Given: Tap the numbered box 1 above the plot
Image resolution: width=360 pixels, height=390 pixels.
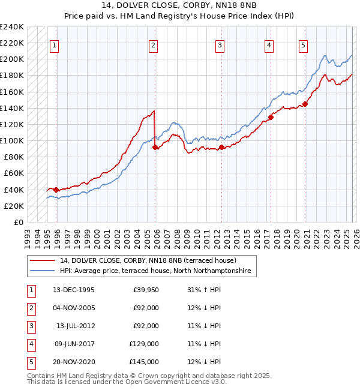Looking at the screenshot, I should tap(54, 45).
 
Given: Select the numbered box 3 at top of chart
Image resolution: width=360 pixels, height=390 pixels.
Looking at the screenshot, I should tap(220, 45).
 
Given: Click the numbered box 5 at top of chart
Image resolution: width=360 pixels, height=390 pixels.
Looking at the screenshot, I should tap(304, 45).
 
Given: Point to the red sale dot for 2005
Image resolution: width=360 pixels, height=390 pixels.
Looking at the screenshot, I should tap(155, 147).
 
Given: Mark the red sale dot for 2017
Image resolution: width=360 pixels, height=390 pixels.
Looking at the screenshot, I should tap(271, 117).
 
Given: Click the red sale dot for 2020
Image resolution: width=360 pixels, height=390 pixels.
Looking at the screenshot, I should tap(305, 104).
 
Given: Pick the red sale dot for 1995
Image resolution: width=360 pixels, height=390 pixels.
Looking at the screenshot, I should tap(56, 190).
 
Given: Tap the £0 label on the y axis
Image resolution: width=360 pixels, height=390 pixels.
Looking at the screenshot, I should tap(18, 222).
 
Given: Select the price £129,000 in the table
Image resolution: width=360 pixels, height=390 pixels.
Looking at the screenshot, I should tap(145, 344).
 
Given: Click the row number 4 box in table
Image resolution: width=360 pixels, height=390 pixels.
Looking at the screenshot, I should tap(31, 344).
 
